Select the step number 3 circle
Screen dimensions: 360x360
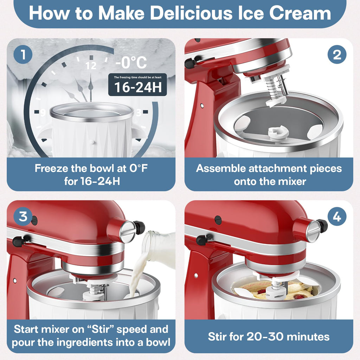pos(23,217)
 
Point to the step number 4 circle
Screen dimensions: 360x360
pos(337,217)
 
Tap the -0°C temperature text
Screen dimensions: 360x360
pos(131,63)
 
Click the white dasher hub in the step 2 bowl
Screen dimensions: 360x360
pos(278,133)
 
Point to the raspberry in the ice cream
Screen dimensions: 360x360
pos(261,291)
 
